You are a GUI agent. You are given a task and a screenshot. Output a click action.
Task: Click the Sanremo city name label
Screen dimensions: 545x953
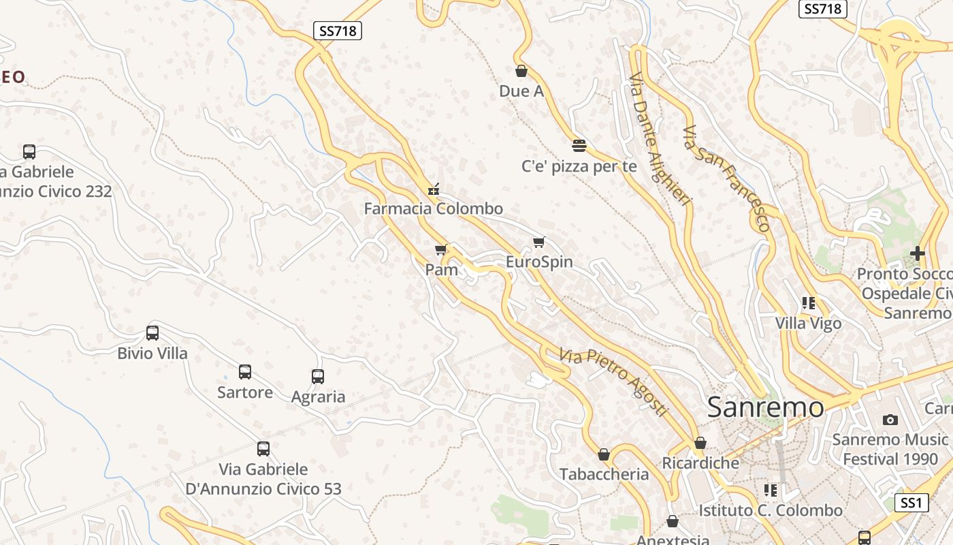765,407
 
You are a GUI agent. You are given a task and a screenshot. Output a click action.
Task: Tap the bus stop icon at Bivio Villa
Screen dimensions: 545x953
152,333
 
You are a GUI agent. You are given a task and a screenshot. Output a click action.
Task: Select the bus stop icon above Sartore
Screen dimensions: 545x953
245,372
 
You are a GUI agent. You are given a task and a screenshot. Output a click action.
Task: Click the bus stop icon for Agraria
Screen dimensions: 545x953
318,376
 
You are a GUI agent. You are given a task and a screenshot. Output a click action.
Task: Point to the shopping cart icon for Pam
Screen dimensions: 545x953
441,249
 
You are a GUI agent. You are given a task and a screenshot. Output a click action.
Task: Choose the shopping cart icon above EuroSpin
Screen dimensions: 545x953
539,242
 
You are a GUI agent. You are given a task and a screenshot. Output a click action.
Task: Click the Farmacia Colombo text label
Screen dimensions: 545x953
434,208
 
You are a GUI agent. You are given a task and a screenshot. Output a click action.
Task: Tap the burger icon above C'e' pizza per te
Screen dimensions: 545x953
579,145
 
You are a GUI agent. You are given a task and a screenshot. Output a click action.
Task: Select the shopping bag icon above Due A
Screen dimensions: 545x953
521,71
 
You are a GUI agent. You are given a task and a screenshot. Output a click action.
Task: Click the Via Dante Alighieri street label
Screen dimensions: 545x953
659,136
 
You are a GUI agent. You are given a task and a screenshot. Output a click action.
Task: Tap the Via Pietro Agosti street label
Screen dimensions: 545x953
613,381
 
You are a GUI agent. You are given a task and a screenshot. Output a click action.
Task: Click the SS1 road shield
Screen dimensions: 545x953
911,503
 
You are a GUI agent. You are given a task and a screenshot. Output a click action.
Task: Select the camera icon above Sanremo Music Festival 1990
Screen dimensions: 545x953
890,420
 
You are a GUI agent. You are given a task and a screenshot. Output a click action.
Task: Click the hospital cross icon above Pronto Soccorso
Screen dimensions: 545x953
918,254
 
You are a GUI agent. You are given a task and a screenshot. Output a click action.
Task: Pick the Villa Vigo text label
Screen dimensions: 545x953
809,323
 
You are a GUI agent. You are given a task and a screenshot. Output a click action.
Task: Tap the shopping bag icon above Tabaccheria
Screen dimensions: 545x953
604,454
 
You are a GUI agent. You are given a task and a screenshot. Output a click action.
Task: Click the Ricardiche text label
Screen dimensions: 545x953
700,463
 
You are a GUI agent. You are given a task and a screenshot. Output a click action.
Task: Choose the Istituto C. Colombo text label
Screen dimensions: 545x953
771,510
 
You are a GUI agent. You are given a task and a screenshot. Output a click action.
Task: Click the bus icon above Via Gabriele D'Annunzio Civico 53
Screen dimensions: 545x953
263,449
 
